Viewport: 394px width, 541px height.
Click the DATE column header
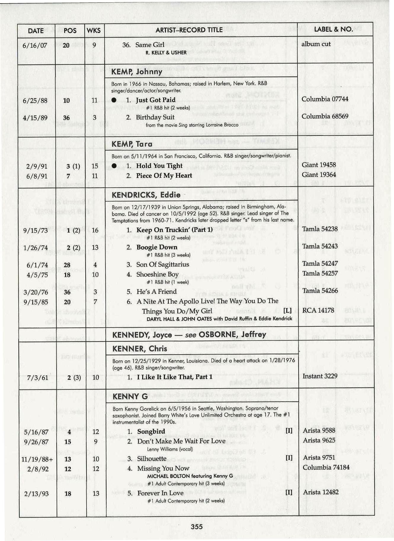pos(36,31)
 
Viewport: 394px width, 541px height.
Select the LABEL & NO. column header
pos(333,29)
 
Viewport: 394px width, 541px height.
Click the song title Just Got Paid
pos(156,100)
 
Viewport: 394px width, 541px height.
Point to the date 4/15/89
pos(35,118)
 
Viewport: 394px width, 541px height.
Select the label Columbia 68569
pos(325,116)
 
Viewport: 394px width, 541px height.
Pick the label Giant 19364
pos(319,175)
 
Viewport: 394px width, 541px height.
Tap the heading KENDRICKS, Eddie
pos(146,195)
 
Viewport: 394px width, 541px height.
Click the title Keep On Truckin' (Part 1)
pos(174,230)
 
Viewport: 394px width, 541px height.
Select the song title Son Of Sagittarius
pos(162,264)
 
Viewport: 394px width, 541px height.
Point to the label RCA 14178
pos(318,310)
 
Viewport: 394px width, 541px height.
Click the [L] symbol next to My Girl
pos(287,311)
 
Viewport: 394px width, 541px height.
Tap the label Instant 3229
pos(320,376)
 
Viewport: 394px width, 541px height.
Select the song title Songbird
pos(151,431)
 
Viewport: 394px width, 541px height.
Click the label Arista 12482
pos(321,492)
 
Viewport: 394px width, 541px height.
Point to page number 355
pos(197,526)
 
